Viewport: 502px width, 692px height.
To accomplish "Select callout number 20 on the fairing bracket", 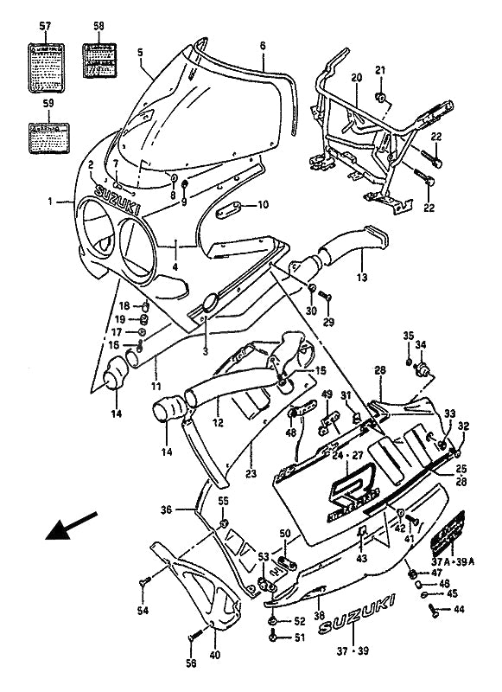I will click(x=356, y=78).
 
